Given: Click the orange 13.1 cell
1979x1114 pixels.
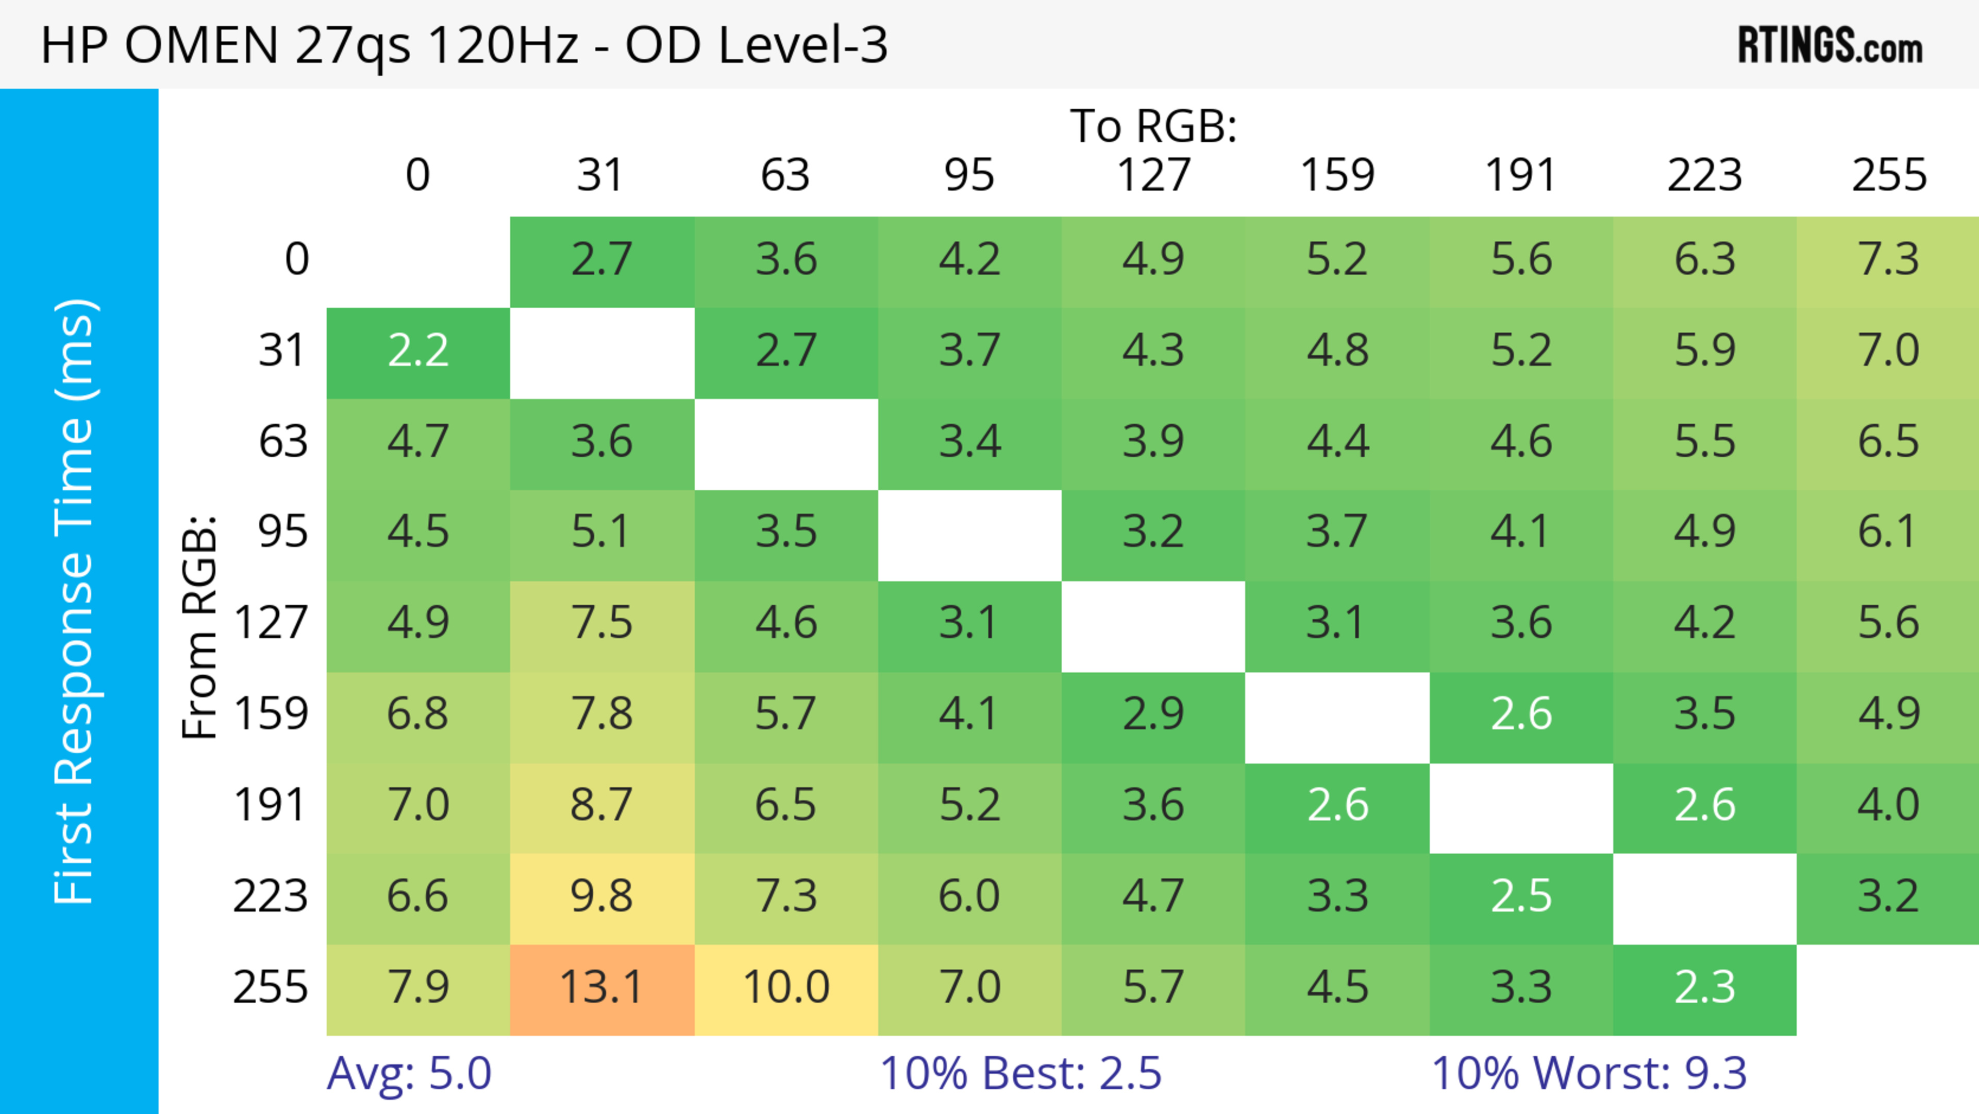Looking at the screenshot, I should (601, 988).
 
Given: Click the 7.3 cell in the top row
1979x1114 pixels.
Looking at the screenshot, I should (1888, 260).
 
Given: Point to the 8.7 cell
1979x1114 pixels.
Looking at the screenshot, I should (601, 806).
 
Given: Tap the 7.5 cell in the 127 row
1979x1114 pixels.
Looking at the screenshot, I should (601, 624).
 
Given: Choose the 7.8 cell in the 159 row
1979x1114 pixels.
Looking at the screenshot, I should (601, 714).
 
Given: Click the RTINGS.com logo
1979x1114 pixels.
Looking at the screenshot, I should (1830, 46).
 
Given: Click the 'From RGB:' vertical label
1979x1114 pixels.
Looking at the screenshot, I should (200, 627).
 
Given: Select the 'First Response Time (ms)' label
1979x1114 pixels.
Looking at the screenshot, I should (75, 601).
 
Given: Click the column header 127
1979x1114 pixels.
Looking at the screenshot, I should (1153, 175).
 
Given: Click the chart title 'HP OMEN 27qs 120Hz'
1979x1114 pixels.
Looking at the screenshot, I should (464, 44).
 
